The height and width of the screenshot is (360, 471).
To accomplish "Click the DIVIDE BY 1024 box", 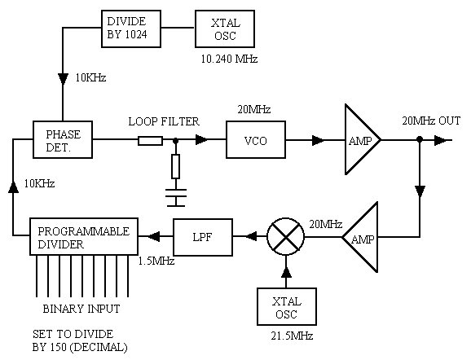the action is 131,29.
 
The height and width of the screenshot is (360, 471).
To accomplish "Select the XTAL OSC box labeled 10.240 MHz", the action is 225,29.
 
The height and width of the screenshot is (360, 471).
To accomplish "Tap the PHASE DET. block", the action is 63,139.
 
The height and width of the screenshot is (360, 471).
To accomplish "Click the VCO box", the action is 256,139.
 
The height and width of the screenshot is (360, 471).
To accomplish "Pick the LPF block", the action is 203,237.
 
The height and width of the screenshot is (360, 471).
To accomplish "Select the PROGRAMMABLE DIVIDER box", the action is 84,236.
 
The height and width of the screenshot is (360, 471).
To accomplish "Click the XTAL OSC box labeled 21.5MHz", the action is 287,306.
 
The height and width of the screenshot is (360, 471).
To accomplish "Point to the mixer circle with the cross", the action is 285,237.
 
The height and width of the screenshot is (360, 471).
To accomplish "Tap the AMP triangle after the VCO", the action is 363,139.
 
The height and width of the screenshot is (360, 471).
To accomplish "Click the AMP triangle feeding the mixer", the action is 360,237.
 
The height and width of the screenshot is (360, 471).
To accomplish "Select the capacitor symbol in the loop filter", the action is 176,198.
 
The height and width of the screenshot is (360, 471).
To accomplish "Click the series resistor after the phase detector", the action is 150,141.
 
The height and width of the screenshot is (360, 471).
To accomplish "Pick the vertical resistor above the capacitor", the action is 176,167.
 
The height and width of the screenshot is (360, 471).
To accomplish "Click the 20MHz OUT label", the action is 431,121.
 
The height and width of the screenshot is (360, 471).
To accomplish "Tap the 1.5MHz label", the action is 156,261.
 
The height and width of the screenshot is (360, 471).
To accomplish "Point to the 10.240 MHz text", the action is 229,59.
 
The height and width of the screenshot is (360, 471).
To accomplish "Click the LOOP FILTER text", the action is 164,121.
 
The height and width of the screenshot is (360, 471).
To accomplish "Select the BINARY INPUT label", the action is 81,309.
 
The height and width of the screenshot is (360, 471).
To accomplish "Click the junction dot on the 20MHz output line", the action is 420,139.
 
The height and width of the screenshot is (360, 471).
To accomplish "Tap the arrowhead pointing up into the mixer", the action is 286,272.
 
